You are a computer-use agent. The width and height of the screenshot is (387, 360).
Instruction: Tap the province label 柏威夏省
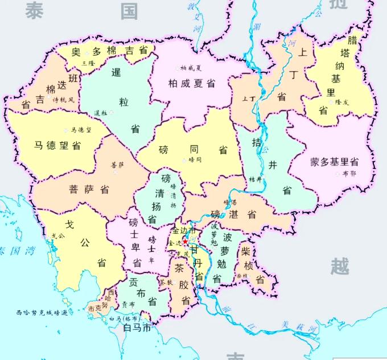[x=192, y=84]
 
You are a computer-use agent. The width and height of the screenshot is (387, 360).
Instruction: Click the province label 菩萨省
[x=89, y=188]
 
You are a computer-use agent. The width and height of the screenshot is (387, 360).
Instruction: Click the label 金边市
[x=184, y=231]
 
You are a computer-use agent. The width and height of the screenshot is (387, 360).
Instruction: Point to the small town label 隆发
[x=342, y=102]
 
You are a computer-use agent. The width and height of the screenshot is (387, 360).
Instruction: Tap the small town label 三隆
[x=88, y=63]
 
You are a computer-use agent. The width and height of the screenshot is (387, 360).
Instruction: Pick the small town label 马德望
[x=81, y=130]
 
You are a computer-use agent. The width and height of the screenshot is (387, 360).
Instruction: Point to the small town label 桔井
[x=256, y=179]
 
